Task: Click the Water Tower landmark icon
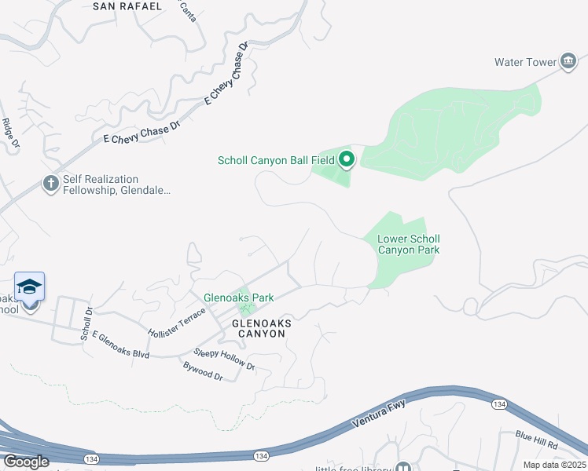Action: point(568,62)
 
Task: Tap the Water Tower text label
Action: point(525,62)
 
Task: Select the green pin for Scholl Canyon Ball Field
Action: point(347,161)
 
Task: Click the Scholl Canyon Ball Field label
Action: point(276,161)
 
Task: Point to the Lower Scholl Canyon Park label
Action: point(408,244)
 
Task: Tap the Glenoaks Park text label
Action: point(238,298)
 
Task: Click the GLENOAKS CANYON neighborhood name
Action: point(258,328)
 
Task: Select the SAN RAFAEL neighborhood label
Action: point(127,6)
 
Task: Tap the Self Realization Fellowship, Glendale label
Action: point(117,184)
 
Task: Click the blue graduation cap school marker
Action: point(29,287)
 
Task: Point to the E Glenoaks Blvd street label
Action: point(120,345)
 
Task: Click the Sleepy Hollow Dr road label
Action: point(224,360)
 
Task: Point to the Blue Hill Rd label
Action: point(537,440)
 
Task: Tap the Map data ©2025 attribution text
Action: point(554,465)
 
